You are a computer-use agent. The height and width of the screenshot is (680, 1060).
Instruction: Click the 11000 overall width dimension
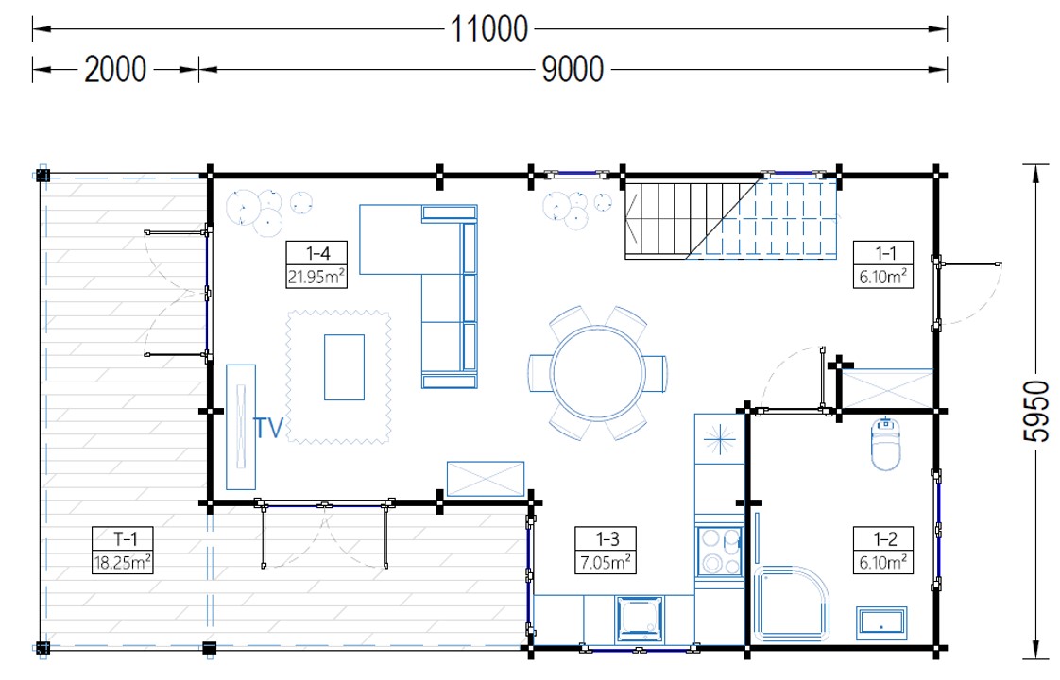[x=488, y=29]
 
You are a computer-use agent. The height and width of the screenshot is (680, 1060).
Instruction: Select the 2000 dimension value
[x=115, y=69]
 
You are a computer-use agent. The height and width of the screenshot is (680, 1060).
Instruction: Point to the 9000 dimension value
[x=573, y=69]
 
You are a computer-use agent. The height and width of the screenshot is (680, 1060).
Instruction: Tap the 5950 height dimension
[x=1035, y=411]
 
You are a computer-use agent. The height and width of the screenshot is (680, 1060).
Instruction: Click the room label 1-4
[x=317, y=253]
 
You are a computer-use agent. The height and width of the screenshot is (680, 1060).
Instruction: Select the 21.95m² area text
[x=316, y=276]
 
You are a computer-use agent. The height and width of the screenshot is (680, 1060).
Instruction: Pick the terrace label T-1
[x=125, y=538]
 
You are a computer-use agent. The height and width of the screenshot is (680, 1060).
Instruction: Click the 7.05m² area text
[x=605, y=562]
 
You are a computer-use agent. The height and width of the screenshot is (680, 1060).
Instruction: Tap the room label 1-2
[x=884, y=538]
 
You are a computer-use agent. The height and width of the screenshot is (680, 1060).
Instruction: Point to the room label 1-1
[x=884, y=253]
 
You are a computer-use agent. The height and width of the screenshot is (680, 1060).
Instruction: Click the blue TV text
[x=268, y=428]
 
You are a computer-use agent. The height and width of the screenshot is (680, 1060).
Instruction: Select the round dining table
[x=598, y=373]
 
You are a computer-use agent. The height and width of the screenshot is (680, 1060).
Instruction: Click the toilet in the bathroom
[x=885, y=444]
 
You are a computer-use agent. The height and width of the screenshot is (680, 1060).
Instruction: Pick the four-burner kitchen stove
[x=720, y=552]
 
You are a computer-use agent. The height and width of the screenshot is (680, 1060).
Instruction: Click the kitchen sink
[x=640, y=620]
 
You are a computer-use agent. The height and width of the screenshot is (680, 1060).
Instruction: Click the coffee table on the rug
[x=344, y=367]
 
